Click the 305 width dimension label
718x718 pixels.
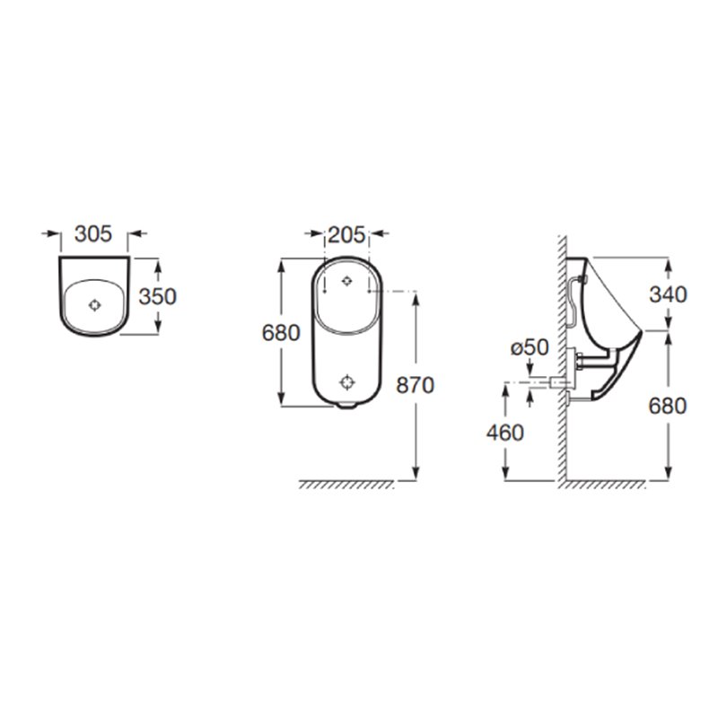[x=92, y=234]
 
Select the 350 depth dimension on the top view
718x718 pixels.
[x=158, y=296]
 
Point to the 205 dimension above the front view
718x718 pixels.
[x=346, y=235]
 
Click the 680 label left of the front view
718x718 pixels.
[x=280, y=332]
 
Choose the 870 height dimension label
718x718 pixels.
[x=416, y=385]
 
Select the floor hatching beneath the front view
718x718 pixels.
[x=346, y=485]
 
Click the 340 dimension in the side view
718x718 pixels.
[x=668, y=293]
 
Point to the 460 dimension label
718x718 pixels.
[x=505, y=432]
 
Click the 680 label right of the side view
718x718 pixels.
[x=668, y=406]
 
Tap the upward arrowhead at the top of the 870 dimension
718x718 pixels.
[x=416, y=298]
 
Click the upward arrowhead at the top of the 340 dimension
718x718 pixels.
[x=668, y=264]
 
